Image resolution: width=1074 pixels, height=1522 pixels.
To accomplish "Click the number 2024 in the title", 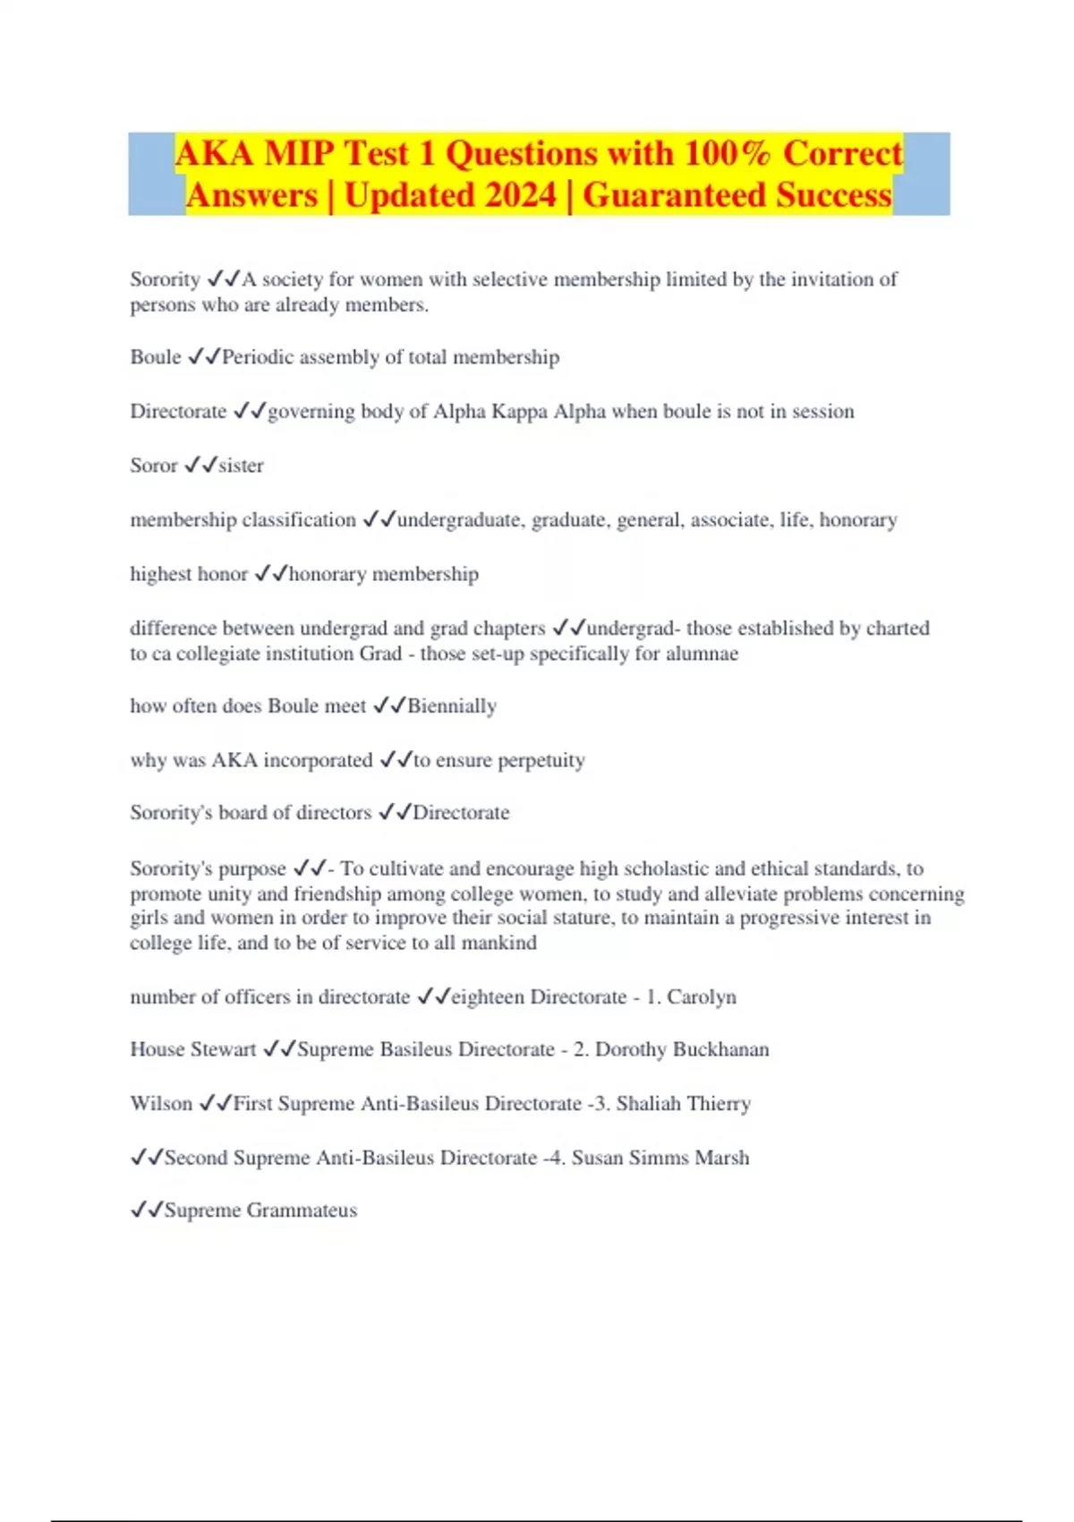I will click(512, 195).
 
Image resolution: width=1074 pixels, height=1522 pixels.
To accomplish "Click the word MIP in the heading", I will click(300, 153).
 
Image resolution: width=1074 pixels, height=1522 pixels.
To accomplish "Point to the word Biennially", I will click(452, 706).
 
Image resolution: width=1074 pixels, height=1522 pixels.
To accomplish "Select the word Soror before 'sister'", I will click(154, 466).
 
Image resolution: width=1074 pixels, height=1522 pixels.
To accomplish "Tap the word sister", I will click(241, 466).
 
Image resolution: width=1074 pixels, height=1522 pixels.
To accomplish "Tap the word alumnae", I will click(702, 654).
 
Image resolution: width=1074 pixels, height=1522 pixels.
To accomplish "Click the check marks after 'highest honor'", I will click(270, 574).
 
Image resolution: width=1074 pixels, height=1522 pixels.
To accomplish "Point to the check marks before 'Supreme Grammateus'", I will click(147, 1210).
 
